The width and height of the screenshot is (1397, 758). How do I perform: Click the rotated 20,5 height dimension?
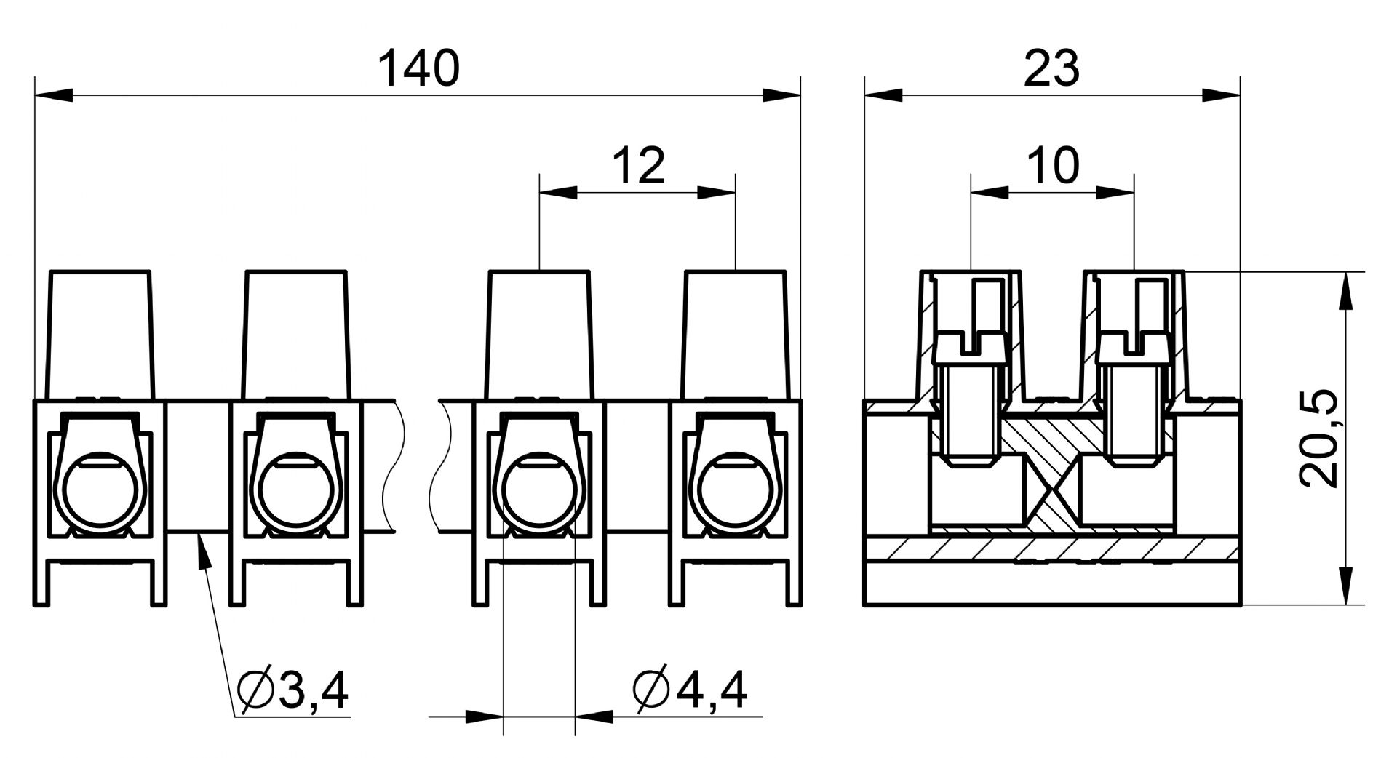(x=1318, y=438)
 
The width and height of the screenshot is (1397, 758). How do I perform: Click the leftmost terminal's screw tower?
(x=100, y=335)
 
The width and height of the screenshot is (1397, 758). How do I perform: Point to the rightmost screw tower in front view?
(x=736, y=335)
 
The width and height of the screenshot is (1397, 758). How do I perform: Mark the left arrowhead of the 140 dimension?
(x=54, y=95)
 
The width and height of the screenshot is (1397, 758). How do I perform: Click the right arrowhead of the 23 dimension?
(x=1220, y=95)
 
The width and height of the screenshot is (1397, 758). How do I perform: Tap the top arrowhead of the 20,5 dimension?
(x=1345, y=291)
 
